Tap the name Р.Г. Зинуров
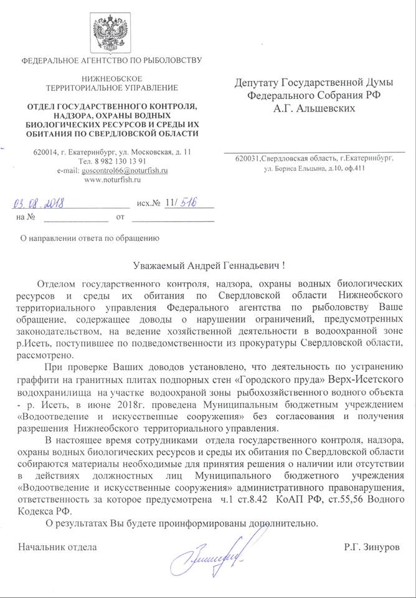[369, 548]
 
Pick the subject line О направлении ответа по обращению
[90, 237]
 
